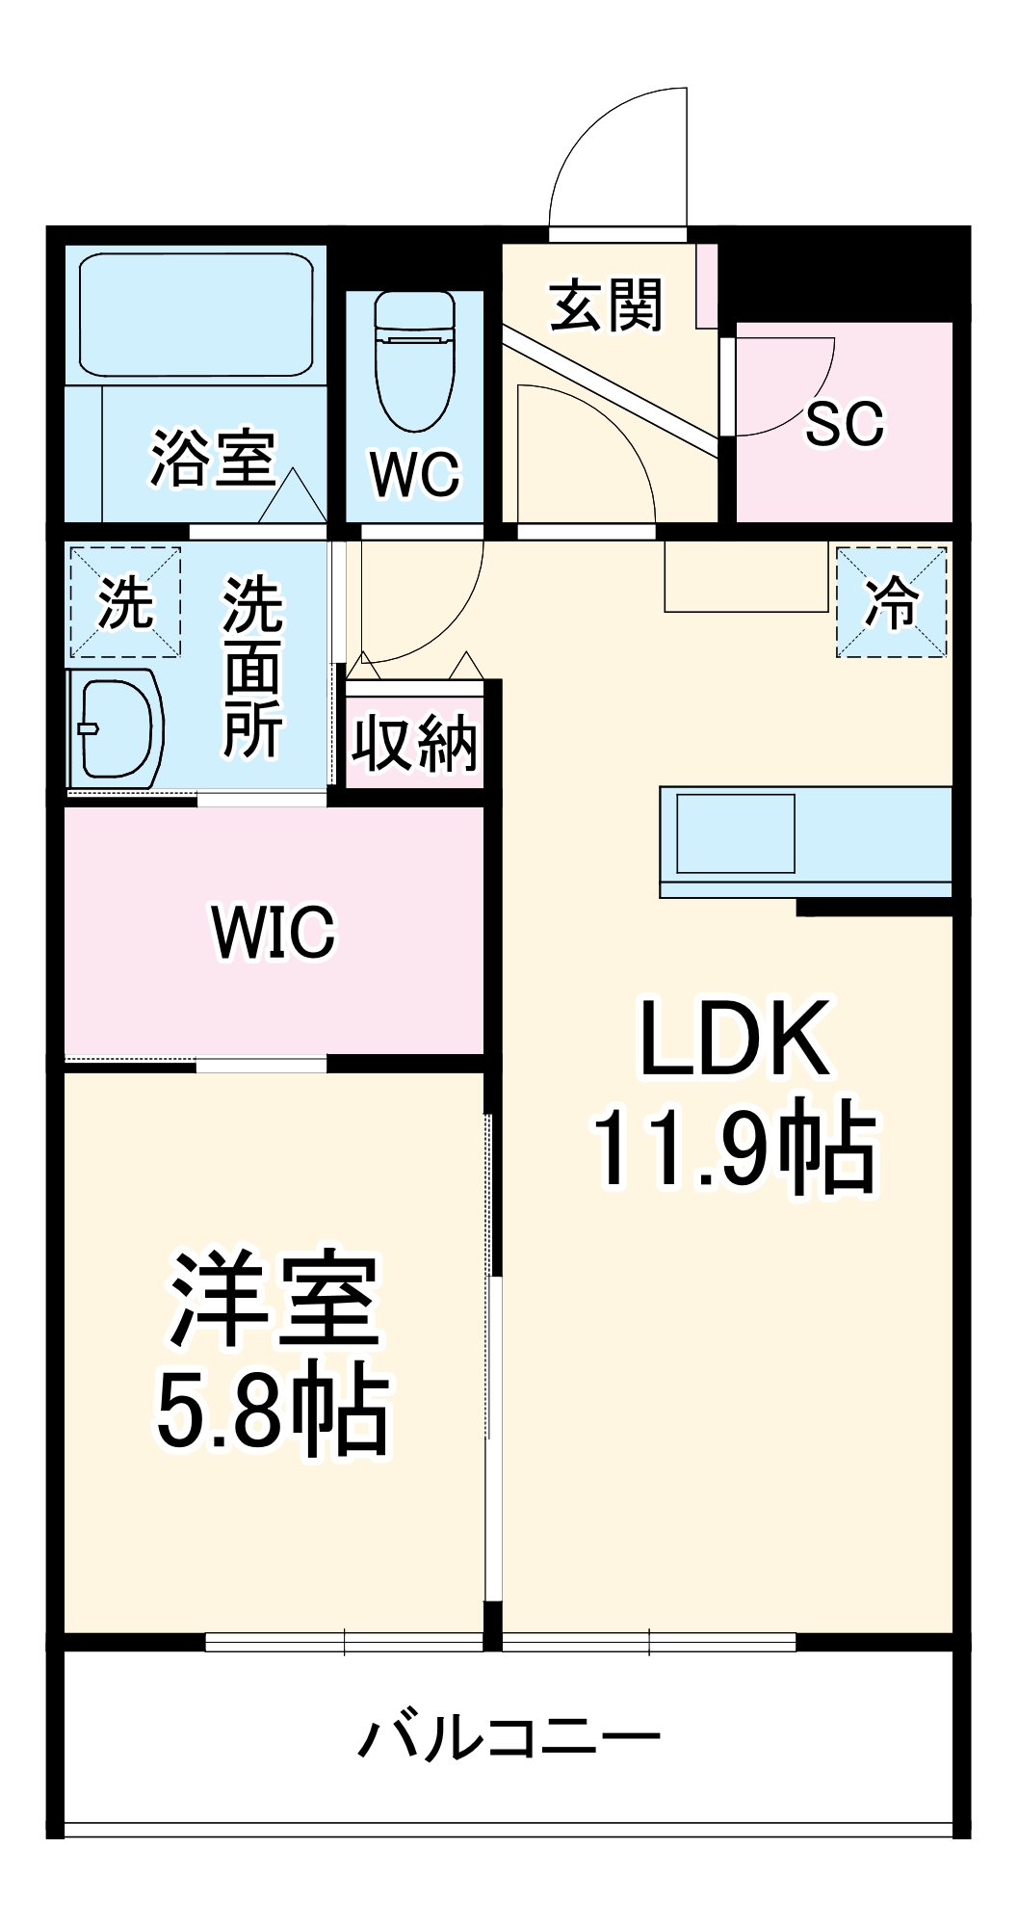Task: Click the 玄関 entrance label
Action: click(x=607, y=305)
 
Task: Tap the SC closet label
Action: click(x=845, y=423)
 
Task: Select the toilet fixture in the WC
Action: click(x=415, y=361)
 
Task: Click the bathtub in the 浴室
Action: click(x=196, y=314)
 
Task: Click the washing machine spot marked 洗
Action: click(x=125, y=603)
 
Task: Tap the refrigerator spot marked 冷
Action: click(x=892, y=603)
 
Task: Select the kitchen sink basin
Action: click(x=736, y=833)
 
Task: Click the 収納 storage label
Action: click(x=414, y=742)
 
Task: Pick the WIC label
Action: click(x=274, y=931)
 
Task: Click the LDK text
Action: click(x=734, y=1039)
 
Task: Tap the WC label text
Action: click(x=415, y=473)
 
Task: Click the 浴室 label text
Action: click(x=213, y=457)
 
